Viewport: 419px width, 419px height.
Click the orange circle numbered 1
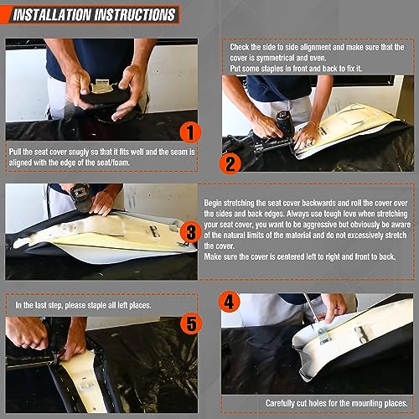coord(190,132)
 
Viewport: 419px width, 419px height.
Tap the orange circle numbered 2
coord(230,163)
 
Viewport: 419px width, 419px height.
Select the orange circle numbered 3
coord(191,232)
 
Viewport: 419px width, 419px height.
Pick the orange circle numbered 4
coord(229,302)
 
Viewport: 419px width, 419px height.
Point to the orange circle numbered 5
coord(191,323)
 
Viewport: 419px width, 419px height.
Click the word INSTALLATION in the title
coord(52,15)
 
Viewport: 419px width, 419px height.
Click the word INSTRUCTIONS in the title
coord(135,15)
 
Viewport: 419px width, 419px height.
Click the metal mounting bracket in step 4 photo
coord(325,335)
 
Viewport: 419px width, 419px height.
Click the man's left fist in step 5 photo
coord(27,334)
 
